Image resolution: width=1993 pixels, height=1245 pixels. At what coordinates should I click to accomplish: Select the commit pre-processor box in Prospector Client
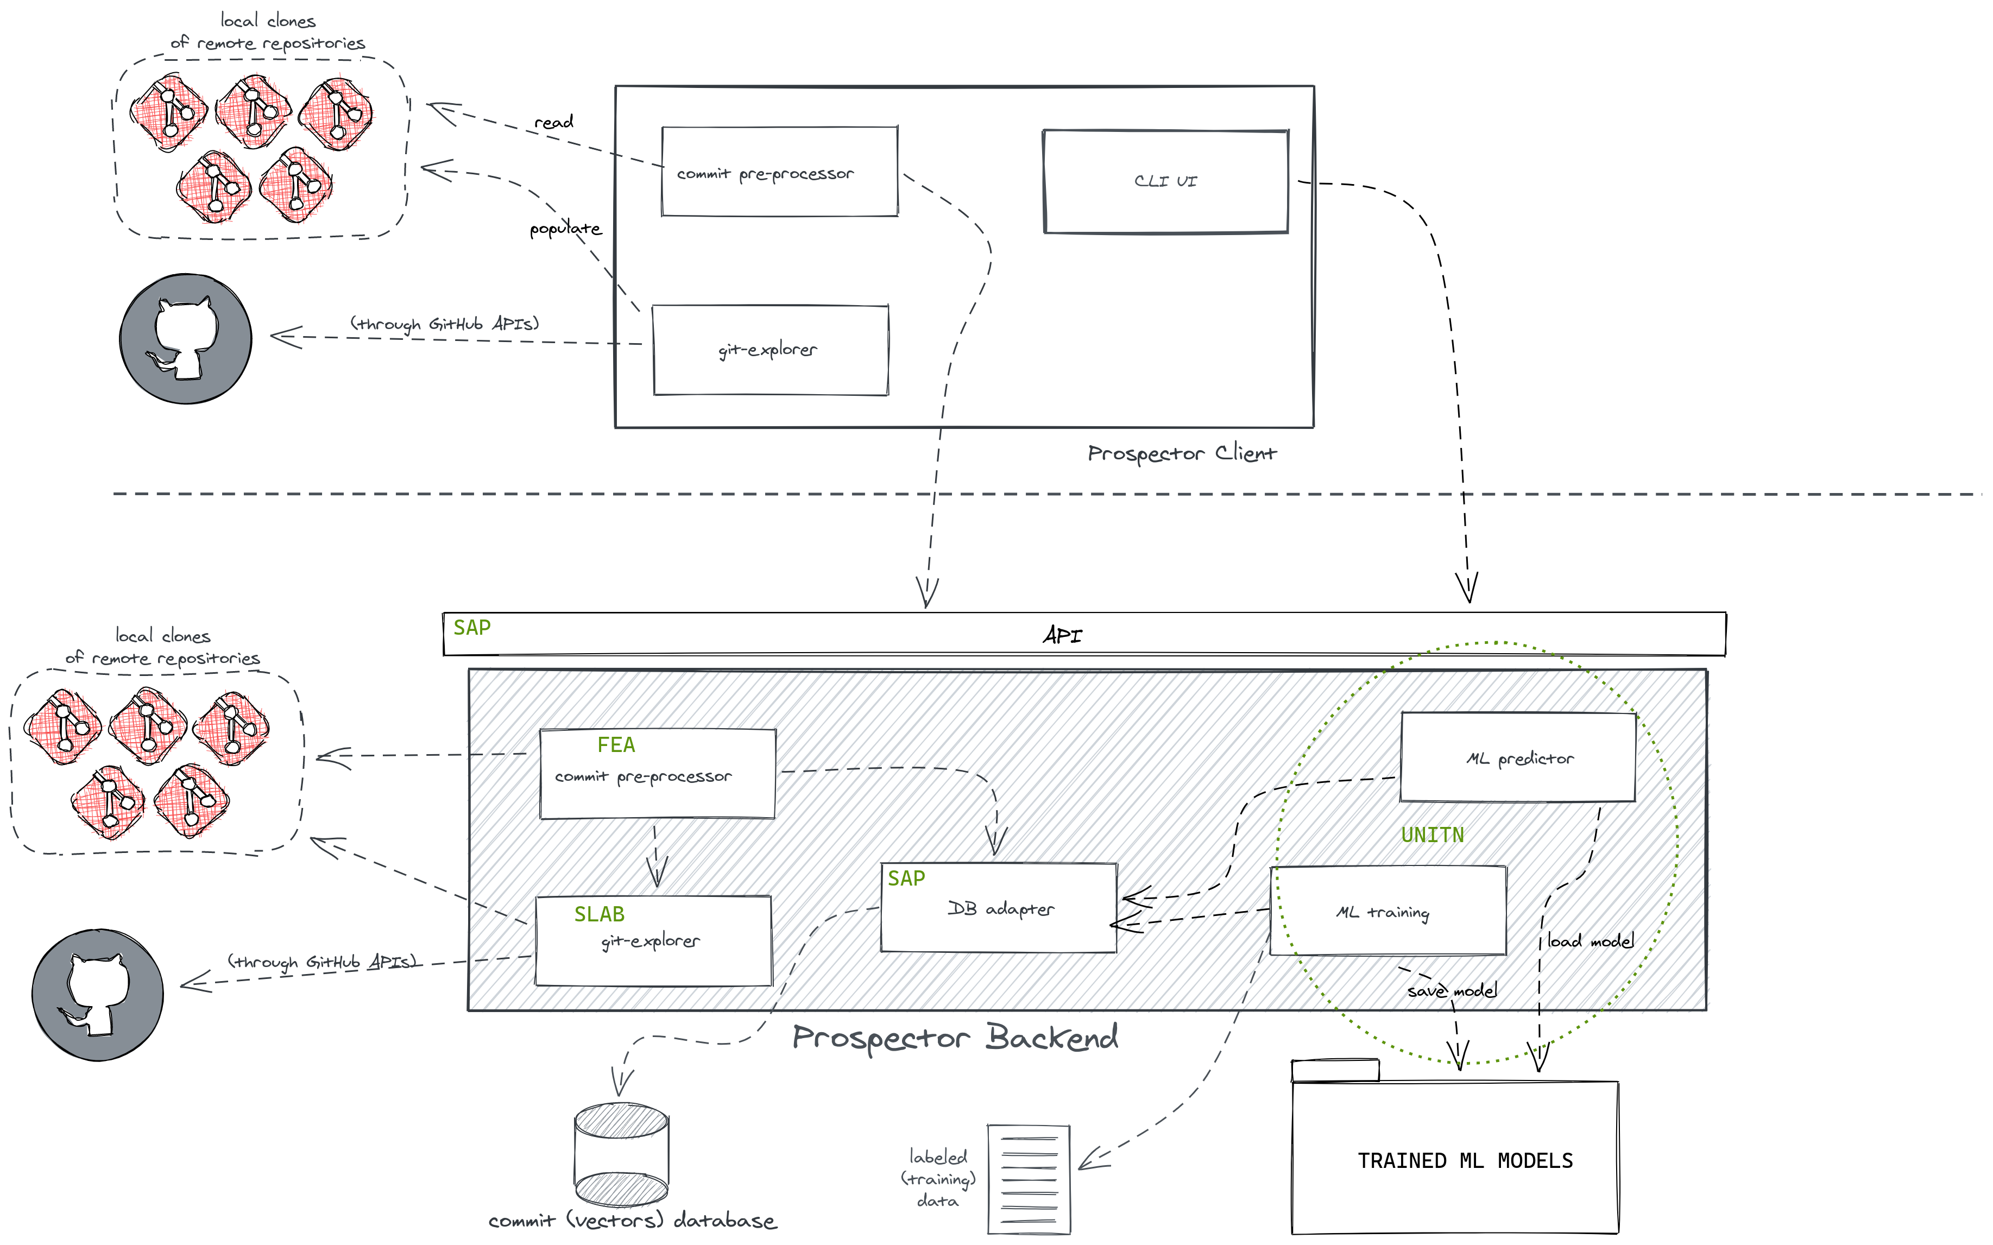(x=779, y=172)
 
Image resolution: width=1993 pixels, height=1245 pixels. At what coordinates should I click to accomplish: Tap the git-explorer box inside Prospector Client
(x=769, y=350)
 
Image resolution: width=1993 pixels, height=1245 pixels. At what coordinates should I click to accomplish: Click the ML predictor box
(x=1518, y=757)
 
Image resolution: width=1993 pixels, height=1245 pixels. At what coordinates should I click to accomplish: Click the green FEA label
(x=616, y=745)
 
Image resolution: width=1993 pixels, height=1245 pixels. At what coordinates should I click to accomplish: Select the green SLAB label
(x=599, y=914)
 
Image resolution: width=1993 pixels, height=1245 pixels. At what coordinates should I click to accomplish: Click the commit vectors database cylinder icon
(x=621, y=1154)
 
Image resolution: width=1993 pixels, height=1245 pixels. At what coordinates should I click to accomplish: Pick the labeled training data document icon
(x=1029, y=1179)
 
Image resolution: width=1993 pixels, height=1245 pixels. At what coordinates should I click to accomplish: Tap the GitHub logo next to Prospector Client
(x=186, y=338)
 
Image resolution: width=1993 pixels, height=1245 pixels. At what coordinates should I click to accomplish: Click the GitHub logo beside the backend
(x=97, y=995)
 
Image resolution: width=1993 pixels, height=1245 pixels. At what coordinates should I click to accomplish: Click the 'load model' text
(x=1590, y=940)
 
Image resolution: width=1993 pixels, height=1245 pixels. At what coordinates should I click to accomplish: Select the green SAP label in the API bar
(x=472, y=628)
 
